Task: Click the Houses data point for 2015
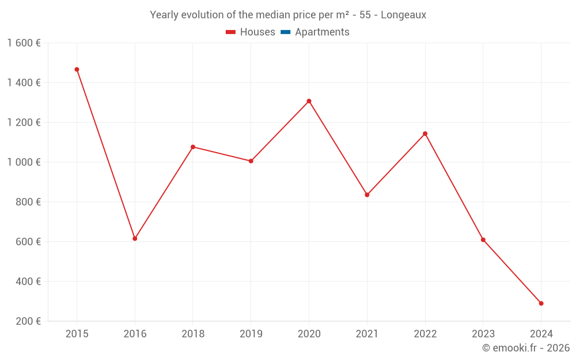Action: [77, 70]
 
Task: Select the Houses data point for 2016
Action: [135, 238]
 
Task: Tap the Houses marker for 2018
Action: [193, 147]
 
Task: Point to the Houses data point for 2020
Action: [309, 101]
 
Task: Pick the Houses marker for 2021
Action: [367, 195]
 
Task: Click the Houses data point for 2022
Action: [425, 134]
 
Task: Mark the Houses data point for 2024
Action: [541, 304]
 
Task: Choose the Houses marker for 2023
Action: [483, 240]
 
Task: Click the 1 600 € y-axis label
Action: [24, 43]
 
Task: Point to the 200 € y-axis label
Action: [27, 321]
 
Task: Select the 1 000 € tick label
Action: [24, 162]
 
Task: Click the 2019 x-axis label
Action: [251, 334]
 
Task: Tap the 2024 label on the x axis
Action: [541, 334]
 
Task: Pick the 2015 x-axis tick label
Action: [77, 334]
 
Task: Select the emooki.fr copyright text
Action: [525, 348]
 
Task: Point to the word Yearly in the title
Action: [164, 15]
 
